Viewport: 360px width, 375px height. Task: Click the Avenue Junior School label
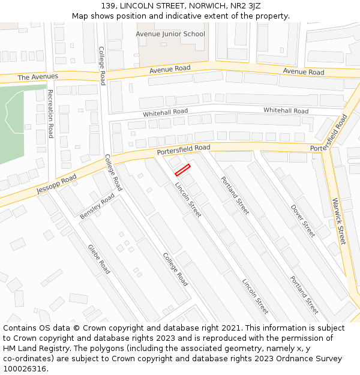click(170, 34)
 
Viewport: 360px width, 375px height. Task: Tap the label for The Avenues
click(38, 77)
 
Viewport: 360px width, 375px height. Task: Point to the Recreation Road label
click(50, 114)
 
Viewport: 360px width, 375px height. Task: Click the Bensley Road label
click(97, 206)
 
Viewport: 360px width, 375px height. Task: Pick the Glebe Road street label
click(99, 259)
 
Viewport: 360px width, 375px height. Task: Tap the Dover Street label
click(303, 221)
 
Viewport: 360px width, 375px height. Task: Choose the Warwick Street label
click(340, 221)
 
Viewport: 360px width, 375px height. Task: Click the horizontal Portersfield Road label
click(184, 149)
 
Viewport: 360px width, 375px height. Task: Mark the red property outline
click(182, 170)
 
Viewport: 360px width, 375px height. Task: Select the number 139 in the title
click(108, 5)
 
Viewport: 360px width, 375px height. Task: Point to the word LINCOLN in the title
click(137, 5)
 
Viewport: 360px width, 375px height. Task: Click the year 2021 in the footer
click(230, 328)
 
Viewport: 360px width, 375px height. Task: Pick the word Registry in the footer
click(53, 349)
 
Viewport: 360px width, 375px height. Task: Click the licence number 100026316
click(25, 369)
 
